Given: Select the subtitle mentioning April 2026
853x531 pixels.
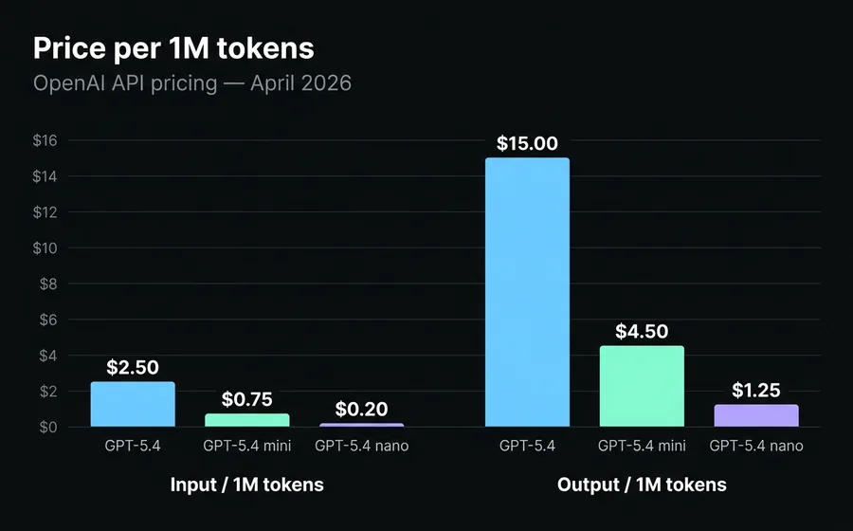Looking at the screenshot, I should (x=192, y=83).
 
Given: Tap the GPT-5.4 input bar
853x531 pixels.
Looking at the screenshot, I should (x=133, y=405).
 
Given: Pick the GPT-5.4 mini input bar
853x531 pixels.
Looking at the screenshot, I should (x=246, y=420).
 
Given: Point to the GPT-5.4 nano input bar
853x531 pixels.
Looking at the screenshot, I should (x=361, y=425).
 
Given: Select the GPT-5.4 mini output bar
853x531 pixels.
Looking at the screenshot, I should (x=642, y=386).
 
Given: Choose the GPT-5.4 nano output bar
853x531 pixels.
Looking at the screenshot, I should (x=755, y=415).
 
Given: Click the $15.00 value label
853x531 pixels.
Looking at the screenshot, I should (x=527, y=143).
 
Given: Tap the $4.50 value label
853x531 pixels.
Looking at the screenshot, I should (x=642, y=331).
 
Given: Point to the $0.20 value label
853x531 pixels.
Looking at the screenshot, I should (x=361, y=409).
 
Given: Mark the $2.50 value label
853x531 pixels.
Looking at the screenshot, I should (x=133, y=367).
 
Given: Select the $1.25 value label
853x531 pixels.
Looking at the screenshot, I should (x=755, y=390).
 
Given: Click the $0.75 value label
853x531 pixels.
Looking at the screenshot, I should (x=246, y=398).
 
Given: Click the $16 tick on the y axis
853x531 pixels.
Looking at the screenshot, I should (x=45, y=141).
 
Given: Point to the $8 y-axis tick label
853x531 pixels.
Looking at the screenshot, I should (x=48, y=284).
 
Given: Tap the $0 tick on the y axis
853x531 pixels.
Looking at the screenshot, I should (x=48, y=428).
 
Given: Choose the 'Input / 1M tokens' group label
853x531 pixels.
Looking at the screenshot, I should (x=246, y=485).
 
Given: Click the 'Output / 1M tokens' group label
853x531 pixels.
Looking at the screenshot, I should (x=642, y=485).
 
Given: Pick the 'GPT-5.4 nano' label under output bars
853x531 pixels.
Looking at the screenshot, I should (x=755, y=445).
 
